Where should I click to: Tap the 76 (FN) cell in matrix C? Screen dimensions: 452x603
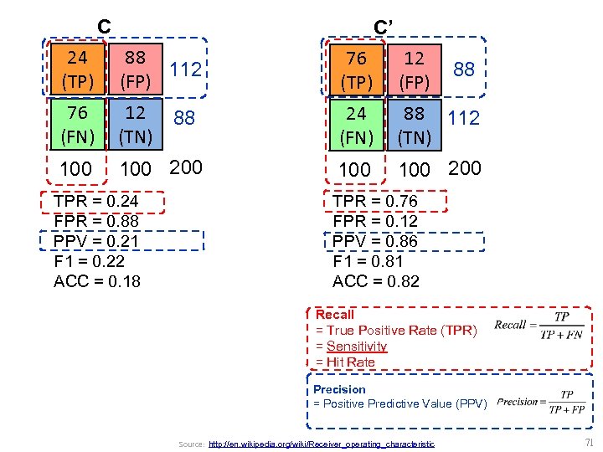(x=78, y=123)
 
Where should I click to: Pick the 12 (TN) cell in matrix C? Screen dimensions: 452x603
(x=135, y=123)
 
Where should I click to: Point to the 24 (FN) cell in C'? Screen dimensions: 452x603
(x=357, y=123)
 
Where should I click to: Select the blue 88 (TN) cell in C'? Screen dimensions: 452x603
(x=414, y=123)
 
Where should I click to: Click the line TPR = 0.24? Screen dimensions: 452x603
(x=95, y=202)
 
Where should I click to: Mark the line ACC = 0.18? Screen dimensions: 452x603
(x=97, y=281)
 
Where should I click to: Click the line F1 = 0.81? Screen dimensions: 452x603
(x=369, y=262)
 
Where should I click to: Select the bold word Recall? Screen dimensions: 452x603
(x=335, y=315)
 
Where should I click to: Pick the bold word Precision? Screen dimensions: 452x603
(x=339, y=389)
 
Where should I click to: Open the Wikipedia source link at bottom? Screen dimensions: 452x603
(x=321, y=444)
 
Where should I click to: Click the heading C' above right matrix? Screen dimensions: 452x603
(x=383, y=28)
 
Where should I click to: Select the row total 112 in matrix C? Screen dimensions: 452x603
(x=186, y=69)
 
